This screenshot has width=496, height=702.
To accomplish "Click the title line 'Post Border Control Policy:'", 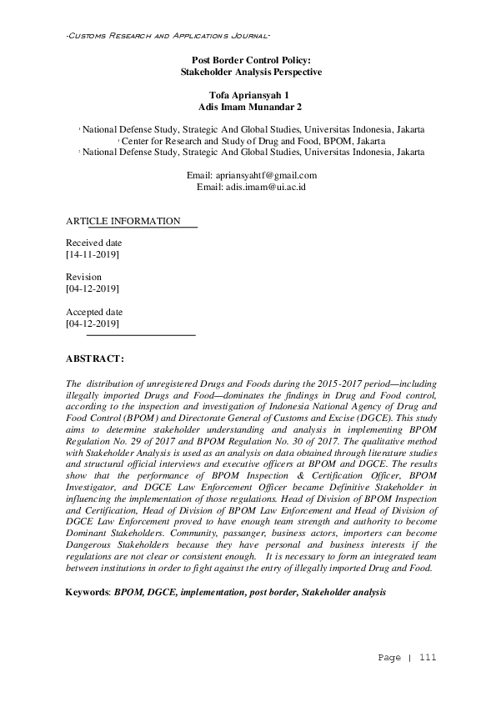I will tap(251, 61).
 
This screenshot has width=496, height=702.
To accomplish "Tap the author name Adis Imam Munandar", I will tap(246, 108).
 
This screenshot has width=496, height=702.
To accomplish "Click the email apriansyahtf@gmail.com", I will tap(264, 175).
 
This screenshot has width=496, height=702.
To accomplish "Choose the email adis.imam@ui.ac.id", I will tap(264, 188).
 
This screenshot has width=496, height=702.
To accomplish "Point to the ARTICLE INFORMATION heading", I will tap(123, 221).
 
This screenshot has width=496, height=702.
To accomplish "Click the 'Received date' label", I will tap(93, 243).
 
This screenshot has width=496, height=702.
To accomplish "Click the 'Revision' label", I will tap(83, 277).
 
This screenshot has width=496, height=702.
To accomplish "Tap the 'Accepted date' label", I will tap(93, 312).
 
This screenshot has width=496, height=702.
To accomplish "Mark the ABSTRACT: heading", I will tap(94, 359).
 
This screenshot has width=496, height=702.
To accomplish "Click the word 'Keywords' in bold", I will tap(88, 591).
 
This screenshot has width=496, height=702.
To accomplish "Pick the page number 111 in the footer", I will tap(428, 658).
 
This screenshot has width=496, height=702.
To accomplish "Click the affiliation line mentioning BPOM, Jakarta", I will tap(253, 141).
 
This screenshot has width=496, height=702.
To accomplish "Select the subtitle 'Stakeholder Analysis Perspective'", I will tap(251, 73).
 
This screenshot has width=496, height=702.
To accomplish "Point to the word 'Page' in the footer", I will tap(389, 658).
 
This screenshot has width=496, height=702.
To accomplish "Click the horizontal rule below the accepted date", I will tap(140, 335).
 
